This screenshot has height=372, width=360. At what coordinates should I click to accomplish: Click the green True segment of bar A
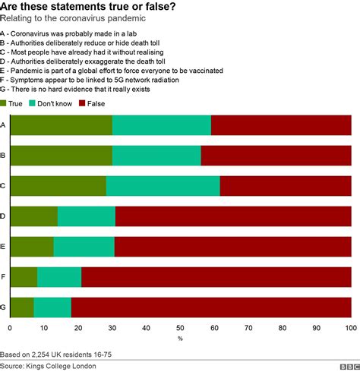click(x=61, y=125)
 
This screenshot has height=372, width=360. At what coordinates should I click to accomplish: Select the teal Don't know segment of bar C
click(x=163, y=186)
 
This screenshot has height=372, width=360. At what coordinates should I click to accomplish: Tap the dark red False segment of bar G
click(x=211, y=307)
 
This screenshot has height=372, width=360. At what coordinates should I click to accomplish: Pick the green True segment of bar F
click(x=23, y=277)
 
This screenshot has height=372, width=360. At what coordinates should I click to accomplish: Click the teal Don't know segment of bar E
click(x=84, y=247)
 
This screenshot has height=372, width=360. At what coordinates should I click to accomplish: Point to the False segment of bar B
click(x=276, y=155)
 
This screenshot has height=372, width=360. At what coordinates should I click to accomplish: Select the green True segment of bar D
click(x=33, y=216)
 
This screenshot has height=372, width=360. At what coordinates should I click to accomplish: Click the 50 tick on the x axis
click(x=180, y=328)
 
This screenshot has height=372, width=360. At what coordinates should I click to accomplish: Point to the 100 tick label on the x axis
click(x=350, y=328)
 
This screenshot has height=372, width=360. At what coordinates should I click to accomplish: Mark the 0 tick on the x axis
click(x=10, y=328)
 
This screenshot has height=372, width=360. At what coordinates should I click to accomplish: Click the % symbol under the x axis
click(x=180, y=338)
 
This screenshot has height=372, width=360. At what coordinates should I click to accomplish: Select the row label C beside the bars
click(x=4, y=186)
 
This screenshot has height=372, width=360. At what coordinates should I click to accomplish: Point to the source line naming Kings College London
click(x=61, y=365)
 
